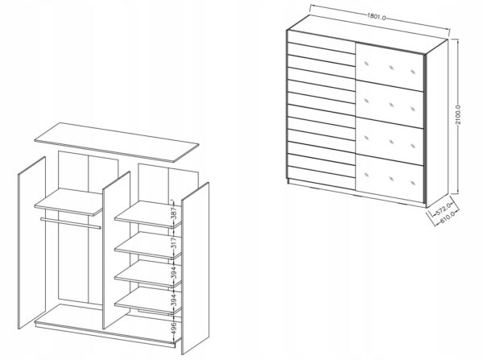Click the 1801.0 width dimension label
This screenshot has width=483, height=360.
pos(376,16)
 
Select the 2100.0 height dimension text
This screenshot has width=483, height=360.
pos(458,114)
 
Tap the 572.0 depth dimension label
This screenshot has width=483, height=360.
pos(444,209)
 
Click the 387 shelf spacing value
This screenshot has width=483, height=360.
pos(174,213)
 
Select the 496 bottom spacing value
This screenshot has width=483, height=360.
pos(174,329)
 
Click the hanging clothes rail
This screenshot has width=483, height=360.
pos(71,223)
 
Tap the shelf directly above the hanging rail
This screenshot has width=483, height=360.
pos(68,202)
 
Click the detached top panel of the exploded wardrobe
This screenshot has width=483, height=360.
pos(117,142)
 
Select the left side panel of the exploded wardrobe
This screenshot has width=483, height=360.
pos(31,242)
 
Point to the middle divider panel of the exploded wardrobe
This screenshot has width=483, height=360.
pos(117,250)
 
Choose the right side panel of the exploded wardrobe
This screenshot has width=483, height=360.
pos(196,268)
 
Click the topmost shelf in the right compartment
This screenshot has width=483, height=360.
pos(148,214)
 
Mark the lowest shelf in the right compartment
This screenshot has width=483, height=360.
pos(148,301)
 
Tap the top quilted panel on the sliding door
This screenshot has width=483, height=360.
pos(390,67)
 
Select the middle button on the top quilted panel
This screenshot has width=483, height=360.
pos(391,68)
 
